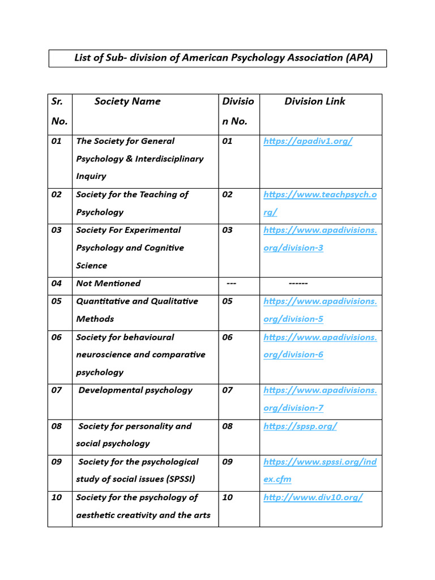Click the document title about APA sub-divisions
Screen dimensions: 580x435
click(x=223, y=58)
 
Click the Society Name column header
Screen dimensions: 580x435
click(x=127, y=101)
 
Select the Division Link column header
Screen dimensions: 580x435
click(x=314, y=101)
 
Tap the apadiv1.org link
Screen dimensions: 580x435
click(x=308, y=141)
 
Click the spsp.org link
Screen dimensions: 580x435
click(x=300, y=426)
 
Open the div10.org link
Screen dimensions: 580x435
click(x=313, y=497)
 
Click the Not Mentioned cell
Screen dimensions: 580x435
click(x=108, y=283)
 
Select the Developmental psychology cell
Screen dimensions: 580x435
click(x=135, y=390)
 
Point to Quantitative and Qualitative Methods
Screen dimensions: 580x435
click(x=137, y=310)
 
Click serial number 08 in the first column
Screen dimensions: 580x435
click(x=57, y=426)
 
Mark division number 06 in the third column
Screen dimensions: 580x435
click(x=227, y=337)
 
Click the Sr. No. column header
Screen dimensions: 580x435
click(x=59, y=111)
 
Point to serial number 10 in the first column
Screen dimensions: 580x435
click(x=57, y=497)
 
